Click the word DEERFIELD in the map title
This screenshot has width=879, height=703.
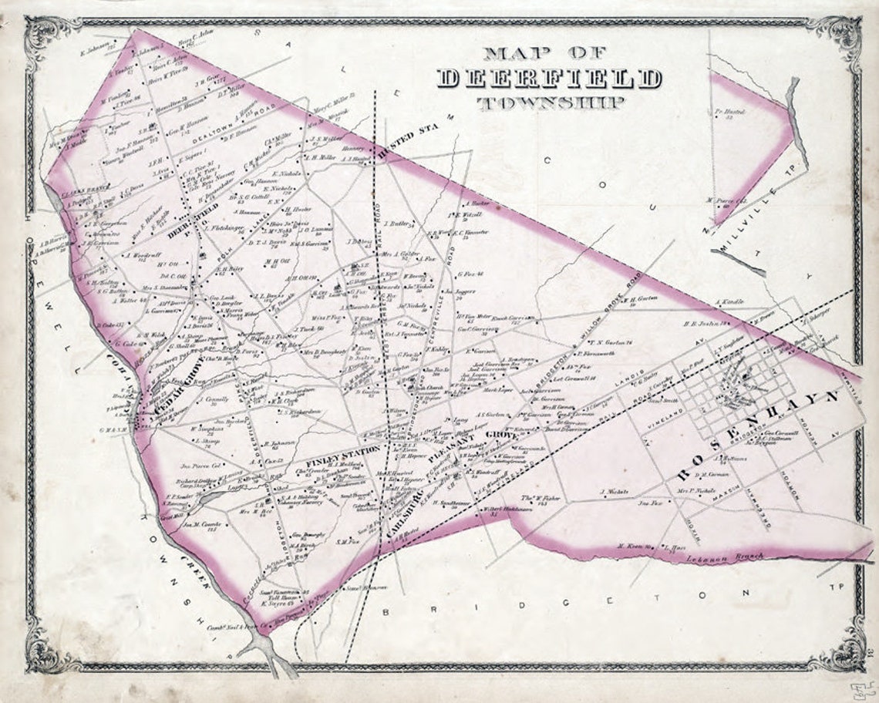[550, 79]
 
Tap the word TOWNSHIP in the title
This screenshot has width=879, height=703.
[549, 103]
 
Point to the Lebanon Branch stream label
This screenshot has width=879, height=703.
[732, 556]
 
